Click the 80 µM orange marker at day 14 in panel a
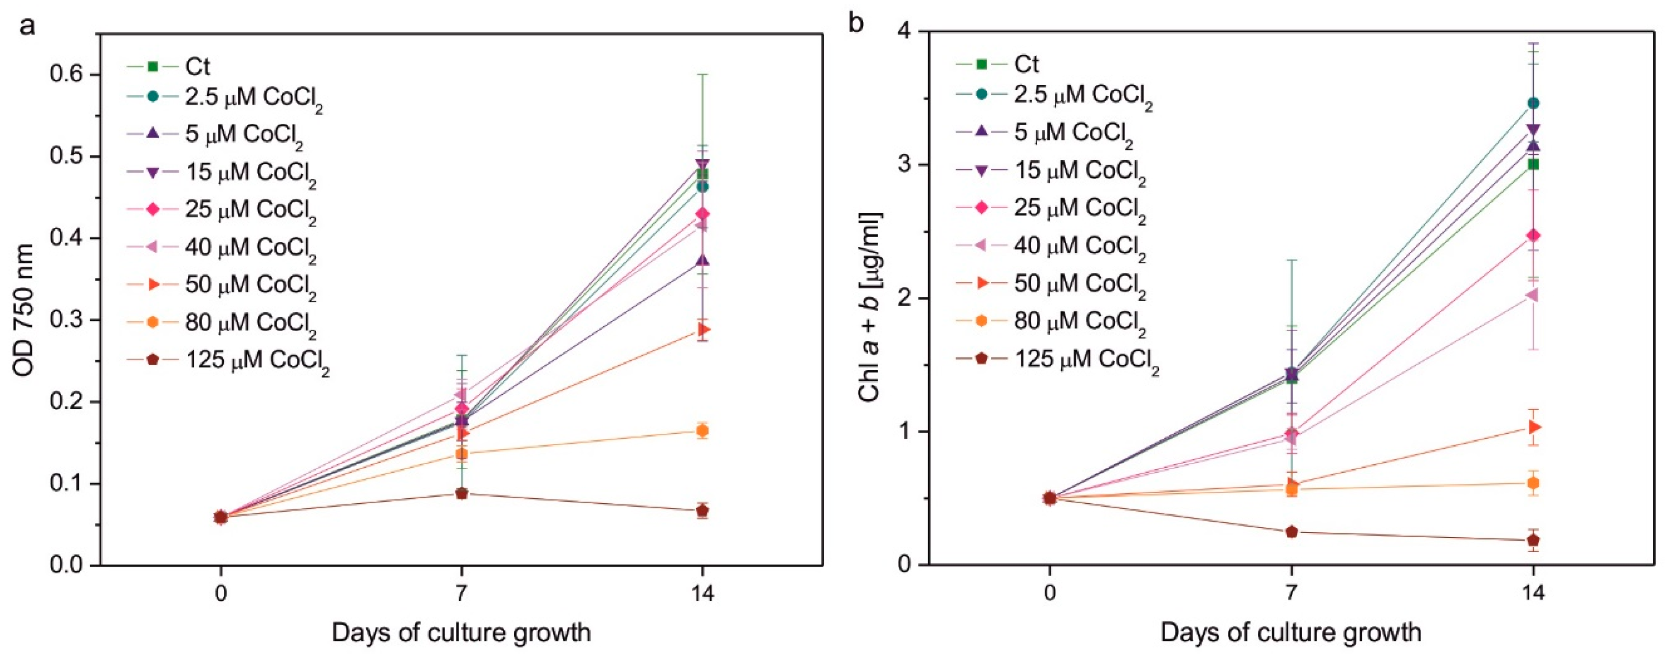click(702, 431)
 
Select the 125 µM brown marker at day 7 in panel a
click(461, 494)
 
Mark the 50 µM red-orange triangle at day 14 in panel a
click(703, 330)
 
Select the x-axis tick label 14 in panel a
click(702, 594)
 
